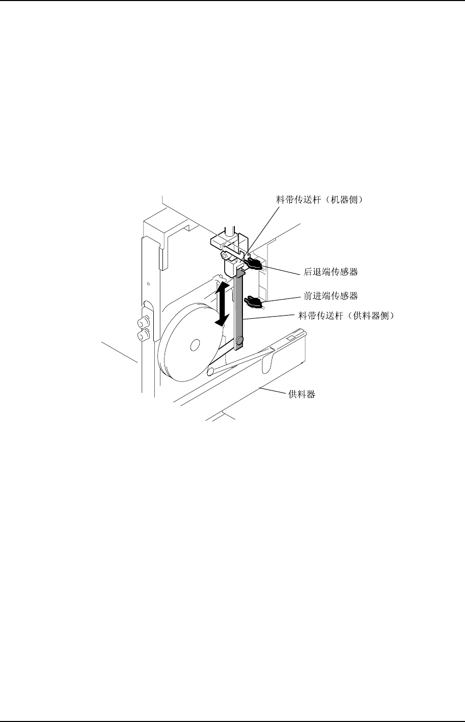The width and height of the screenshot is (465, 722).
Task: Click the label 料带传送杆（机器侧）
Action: pyautogui.click(x=319, y=201)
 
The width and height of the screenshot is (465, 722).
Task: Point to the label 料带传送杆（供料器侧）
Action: pyautogui.click(x=346, y=316)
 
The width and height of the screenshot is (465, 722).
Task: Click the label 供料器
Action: pyautogui.click(x=302, y=394)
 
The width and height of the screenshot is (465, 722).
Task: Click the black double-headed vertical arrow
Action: pyautogui.click(x=221, y=304)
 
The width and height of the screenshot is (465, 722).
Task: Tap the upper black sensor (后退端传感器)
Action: pyautogui.click(x=253, y=264)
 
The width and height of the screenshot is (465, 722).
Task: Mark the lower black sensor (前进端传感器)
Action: pyautogui.click(x=253, y=302)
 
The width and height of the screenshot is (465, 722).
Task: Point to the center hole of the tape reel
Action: pyautogui.click(x=194, y=346)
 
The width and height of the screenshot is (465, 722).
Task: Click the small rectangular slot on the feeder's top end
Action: pyautogui.click(x=291, y=337)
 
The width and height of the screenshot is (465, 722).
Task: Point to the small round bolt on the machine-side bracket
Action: pyautogui.click(x=224, y=255)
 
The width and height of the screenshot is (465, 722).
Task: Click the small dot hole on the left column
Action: pyautogui.click(x=148, y=283)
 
